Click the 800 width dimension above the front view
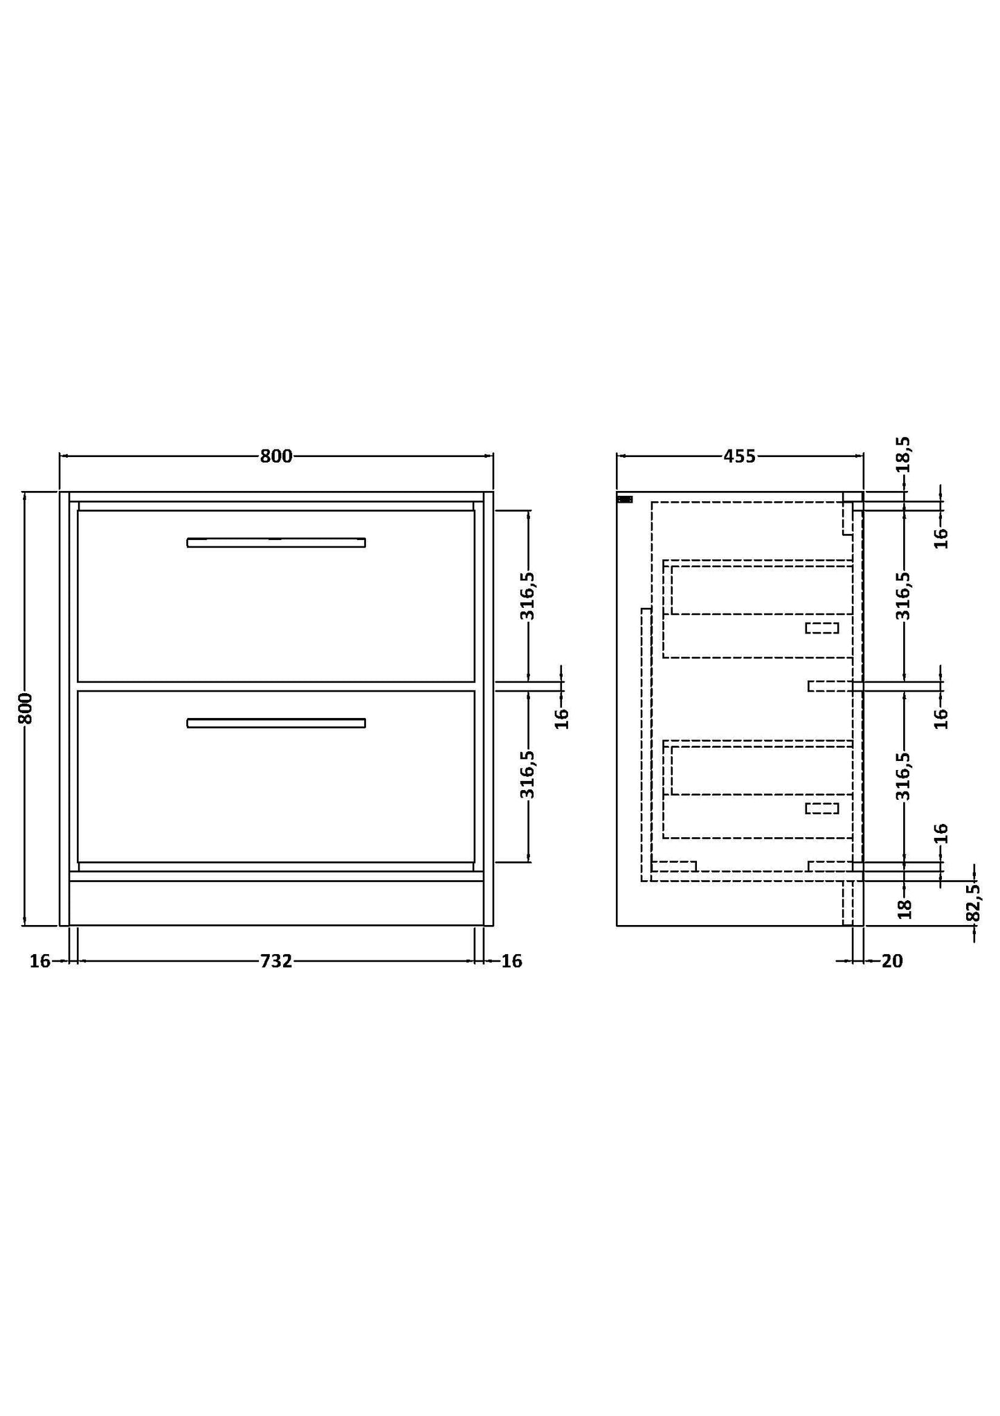point(276,456)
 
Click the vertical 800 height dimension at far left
point(25,708)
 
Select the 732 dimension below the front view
point(276,961)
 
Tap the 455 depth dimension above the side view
point(739,456)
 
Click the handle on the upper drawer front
point(276,542)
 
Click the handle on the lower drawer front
point(276,723)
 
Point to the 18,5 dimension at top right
point(904,454)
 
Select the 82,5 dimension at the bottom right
point(973,902)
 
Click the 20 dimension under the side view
point(893,961)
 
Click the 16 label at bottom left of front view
point(39,961)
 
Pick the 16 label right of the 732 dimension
point(511,961)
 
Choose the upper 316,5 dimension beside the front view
point(528,595)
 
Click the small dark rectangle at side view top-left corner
point(624,499)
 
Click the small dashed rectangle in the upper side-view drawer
point(821,628)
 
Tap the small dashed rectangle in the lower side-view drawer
point(821,808)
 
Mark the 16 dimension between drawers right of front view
point(562,717)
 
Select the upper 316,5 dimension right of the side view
point(904,595)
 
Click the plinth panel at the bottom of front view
point(276,903)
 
